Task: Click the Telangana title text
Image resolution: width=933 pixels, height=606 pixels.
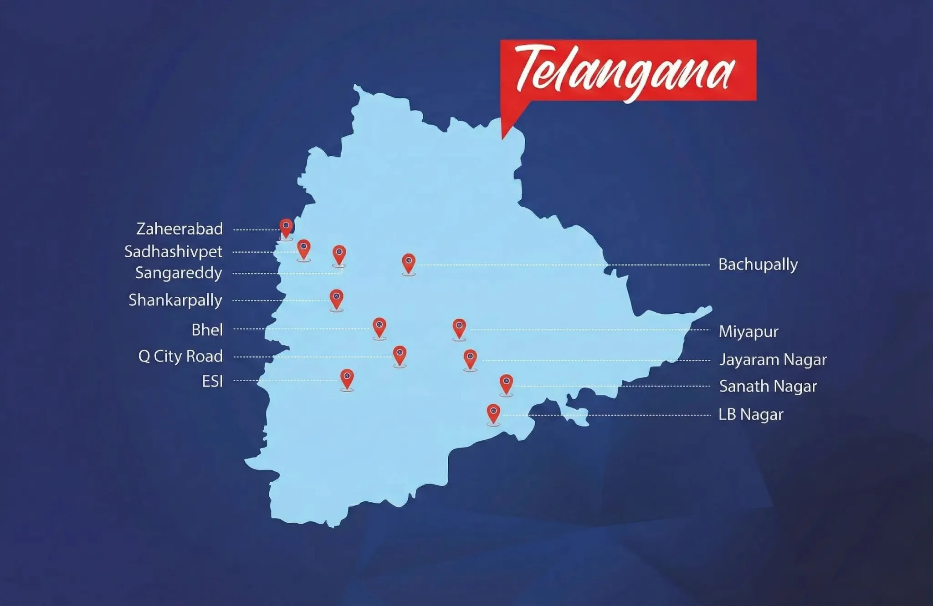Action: tap(625, 71)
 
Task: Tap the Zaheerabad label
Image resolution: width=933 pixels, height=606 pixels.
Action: tap(179, 229)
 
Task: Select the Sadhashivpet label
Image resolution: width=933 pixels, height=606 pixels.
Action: tap(173, 251)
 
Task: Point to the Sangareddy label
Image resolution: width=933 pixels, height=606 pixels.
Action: tap(179, 273)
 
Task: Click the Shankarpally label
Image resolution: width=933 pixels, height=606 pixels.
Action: tap(175, 300)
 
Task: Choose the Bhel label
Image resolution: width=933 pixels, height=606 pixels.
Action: tap(207, 330)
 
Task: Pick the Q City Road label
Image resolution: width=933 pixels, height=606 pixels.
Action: tap(180, 356)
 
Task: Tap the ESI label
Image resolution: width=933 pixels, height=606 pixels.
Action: tap(212, 381)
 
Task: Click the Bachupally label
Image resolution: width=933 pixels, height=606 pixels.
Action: tap(758, 265)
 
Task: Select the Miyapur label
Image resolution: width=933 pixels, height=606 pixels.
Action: tap(748, 331)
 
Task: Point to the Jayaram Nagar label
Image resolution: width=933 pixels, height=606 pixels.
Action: tap(773, 360)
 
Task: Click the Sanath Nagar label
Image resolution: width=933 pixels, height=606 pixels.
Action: tap(768, 386)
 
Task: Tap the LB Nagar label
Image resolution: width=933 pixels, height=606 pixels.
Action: tap(751, 415)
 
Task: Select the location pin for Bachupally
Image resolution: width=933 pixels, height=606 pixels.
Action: tap(409, 263)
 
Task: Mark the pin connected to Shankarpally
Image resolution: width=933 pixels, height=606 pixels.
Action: tap(336, 298)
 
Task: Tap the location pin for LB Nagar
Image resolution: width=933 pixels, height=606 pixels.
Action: tap(493, 413)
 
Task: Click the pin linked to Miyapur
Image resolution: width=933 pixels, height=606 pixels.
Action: tap(459, 328)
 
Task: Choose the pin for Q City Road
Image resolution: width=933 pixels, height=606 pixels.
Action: tap(400, 355)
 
